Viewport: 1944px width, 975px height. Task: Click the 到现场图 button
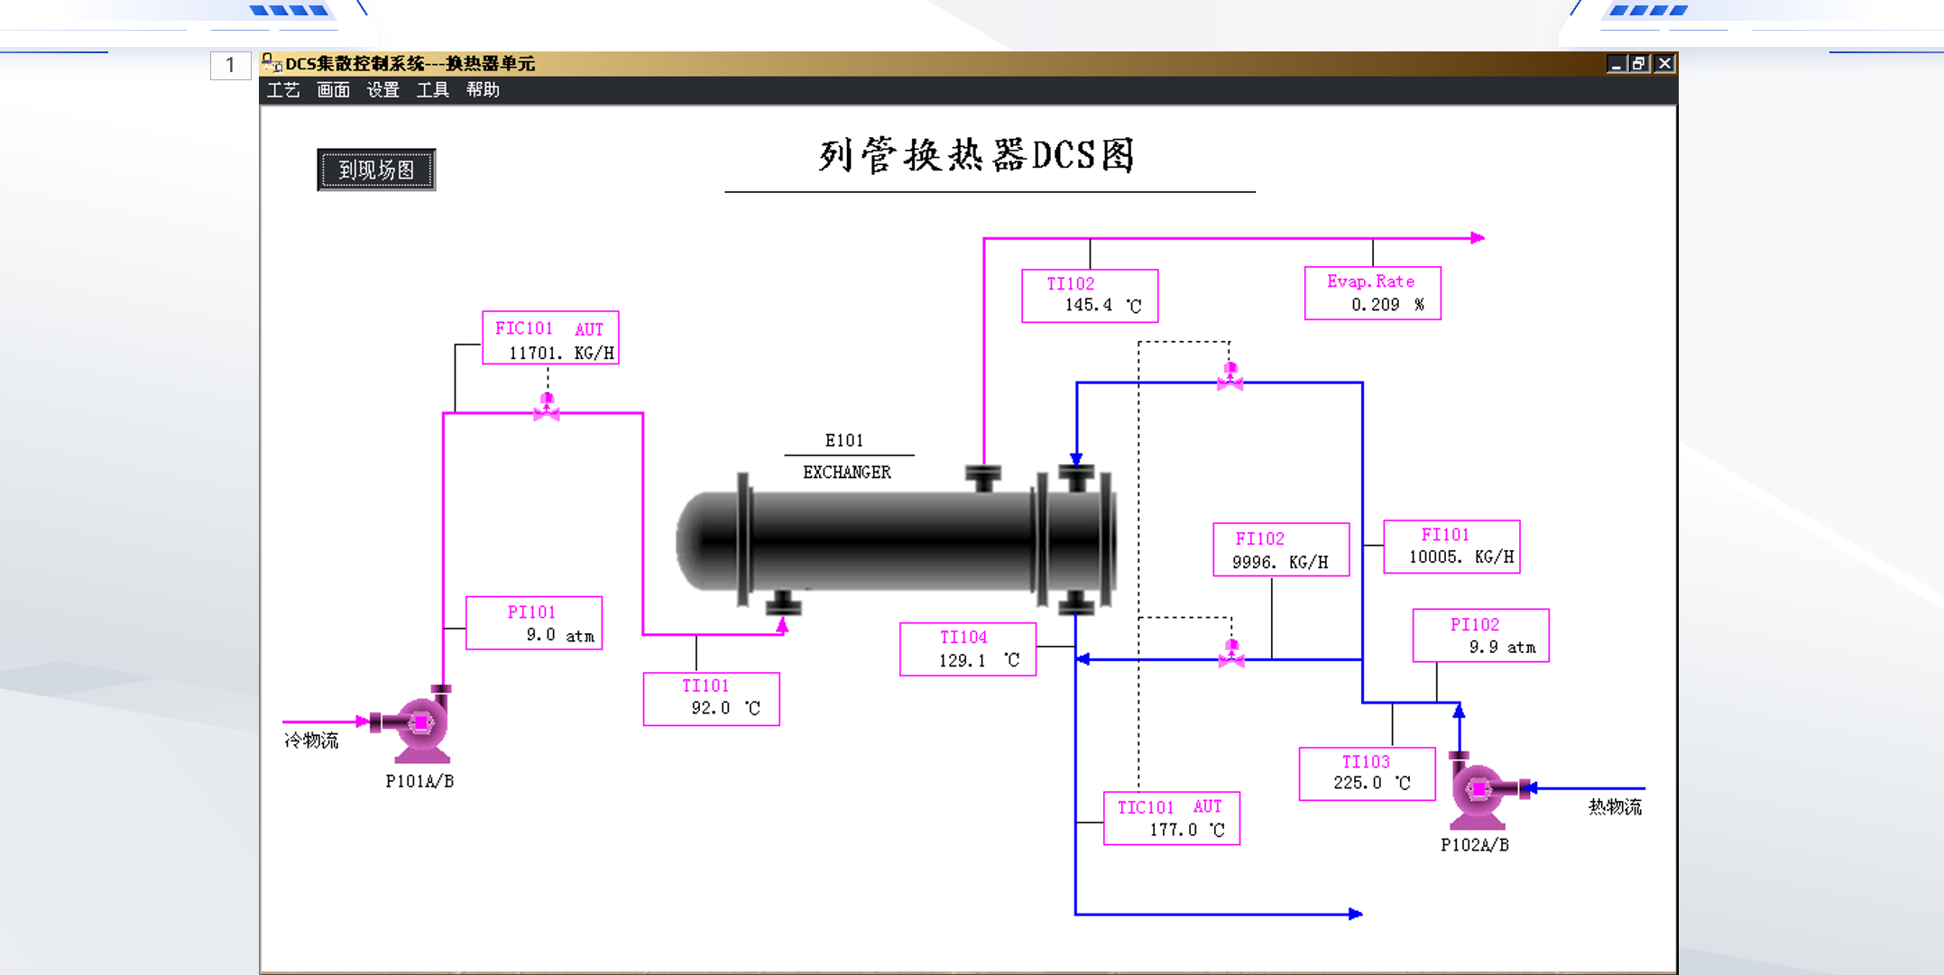coord(376,170)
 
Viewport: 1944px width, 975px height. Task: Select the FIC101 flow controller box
coord(550,339)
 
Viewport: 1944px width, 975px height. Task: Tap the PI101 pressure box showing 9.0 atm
coord(534,623)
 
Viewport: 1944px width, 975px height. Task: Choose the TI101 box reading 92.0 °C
coord(711,699)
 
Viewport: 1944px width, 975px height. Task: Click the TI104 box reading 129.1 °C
coord(968,649)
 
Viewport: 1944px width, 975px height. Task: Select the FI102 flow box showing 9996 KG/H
coord(1281,550)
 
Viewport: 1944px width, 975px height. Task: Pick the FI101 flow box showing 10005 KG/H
coord(1451,547)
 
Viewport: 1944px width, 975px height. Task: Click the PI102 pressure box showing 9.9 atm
coord(1480,636)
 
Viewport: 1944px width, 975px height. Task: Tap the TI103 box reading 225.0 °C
coord(1367,774)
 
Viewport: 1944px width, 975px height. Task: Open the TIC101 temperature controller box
coord(1172,819)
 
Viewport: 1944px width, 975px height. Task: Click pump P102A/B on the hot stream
coord(1479,790)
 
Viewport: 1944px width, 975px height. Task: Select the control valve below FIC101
coord(547,408)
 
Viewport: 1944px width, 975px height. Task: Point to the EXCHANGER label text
coord(846,473)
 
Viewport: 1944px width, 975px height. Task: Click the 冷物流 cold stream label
coord(311,740)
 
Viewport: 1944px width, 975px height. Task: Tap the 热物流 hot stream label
coord(1615,807)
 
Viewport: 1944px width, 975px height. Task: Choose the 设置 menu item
coord(382,90)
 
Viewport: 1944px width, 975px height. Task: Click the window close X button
coord(1664,63)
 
